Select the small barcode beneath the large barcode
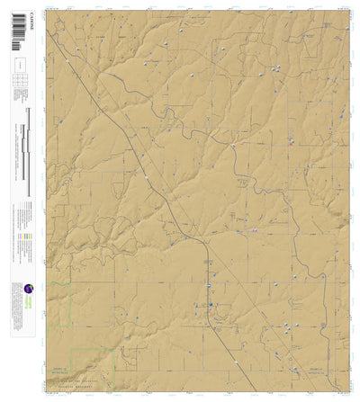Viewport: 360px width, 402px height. (18, 53)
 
